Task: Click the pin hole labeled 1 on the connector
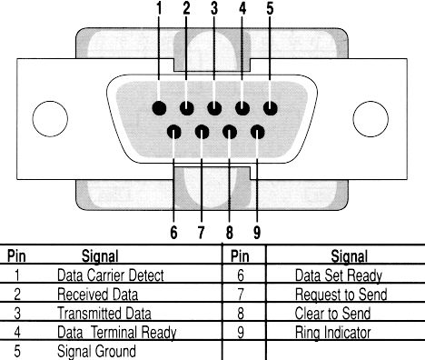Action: (159, 108)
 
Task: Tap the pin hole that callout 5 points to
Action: (271, 108)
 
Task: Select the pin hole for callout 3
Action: (214, 108)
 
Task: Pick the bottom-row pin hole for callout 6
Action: (174, 132)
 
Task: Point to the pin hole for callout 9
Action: (258, 132)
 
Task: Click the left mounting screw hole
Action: (50, 119)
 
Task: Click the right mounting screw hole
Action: (371, 119)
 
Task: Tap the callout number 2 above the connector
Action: (186, 8)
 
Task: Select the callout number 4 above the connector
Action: (242, 8)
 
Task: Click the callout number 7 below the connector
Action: (202, 233)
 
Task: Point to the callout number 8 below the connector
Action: (230, 233)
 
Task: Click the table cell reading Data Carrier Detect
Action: (111, 275)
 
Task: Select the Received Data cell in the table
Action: (97, 295)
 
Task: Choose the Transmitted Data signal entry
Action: (104, 313)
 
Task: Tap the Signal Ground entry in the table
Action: (96, 351)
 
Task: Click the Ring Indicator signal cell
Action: (332, 333)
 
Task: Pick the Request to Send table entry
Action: (341, 295)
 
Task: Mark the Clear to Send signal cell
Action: (332, 313)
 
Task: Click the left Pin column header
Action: (16, 256)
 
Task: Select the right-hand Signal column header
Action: (349, 256)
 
